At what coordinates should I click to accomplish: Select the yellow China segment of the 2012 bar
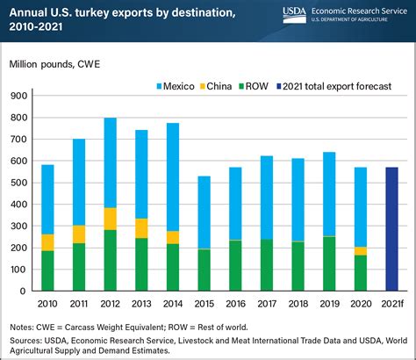[x=111, y=219]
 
